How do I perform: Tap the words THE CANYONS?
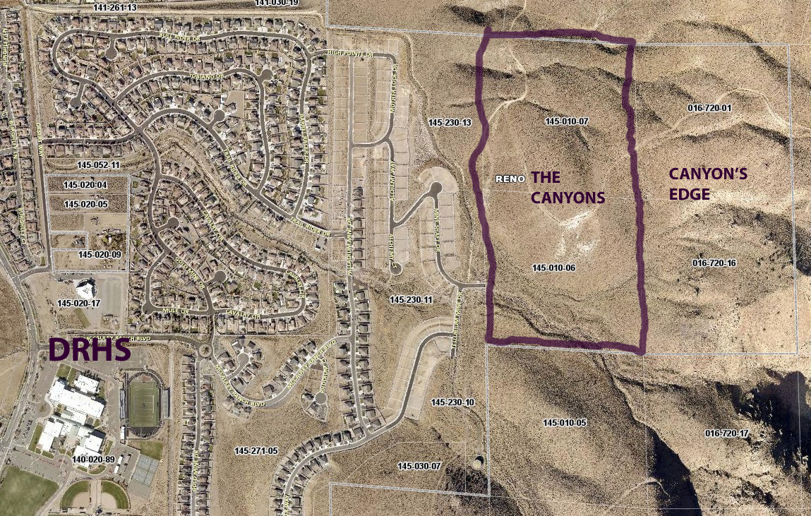567,187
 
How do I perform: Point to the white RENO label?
510,179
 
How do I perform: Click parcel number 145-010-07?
567,121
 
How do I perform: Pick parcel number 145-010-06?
554,268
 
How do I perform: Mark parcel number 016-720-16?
714,263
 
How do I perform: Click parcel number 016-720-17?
726,433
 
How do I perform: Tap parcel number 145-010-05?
565,422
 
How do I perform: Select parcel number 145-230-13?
450,123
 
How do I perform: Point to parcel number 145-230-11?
411,300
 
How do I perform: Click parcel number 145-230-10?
452,402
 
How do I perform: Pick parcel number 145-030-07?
419,467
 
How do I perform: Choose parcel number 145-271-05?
256,450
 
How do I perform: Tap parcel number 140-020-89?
94,459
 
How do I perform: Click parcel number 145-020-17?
78,304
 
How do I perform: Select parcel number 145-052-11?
99,164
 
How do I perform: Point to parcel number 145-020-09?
100,254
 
